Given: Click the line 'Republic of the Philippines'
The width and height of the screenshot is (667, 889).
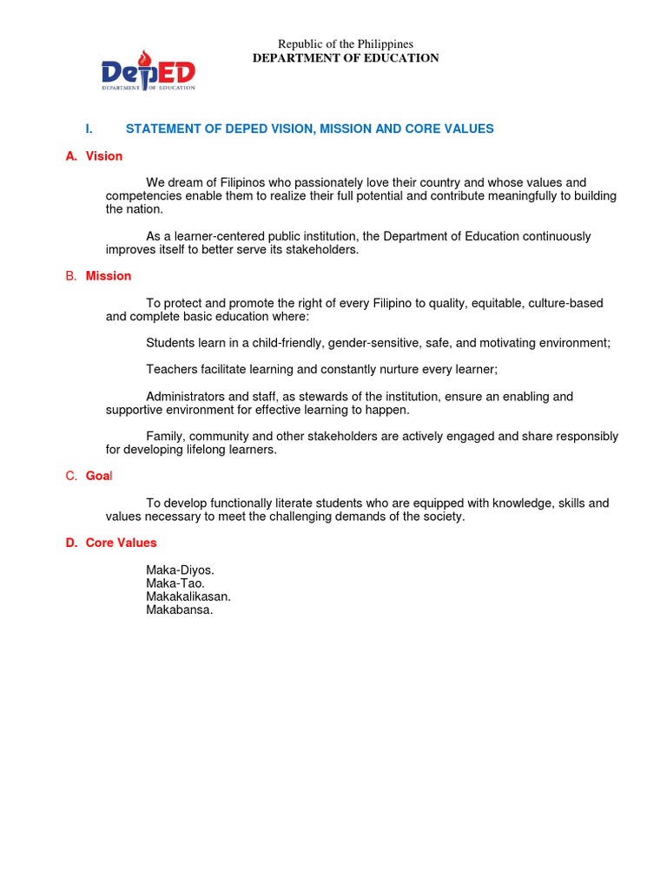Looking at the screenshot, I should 345,44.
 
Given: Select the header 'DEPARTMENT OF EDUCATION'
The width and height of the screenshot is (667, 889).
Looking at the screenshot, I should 345,58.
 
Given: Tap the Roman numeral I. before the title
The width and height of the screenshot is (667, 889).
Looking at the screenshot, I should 89,128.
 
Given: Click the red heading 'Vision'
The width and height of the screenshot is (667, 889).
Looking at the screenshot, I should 104,156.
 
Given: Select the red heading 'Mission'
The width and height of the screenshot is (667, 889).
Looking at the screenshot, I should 109,276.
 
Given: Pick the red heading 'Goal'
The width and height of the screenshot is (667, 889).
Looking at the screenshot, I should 99,476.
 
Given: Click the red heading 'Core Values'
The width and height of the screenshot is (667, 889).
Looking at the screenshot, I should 121,543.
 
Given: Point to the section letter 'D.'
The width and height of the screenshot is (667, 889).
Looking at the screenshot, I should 71,543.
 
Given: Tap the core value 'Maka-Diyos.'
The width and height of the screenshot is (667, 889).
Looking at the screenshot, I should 180,570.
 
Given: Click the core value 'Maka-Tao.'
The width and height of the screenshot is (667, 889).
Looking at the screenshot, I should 175,583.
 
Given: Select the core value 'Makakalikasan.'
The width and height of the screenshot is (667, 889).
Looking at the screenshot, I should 188,596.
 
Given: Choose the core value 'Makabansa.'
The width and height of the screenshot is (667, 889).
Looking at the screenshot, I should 179,610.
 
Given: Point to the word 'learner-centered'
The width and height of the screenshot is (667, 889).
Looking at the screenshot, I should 223,236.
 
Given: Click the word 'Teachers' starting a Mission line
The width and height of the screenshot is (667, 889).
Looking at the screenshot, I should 172,370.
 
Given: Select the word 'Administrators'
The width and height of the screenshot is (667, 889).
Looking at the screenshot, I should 185,397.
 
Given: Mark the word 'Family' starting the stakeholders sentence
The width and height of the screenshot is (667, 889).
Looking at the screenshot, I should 164,437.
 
